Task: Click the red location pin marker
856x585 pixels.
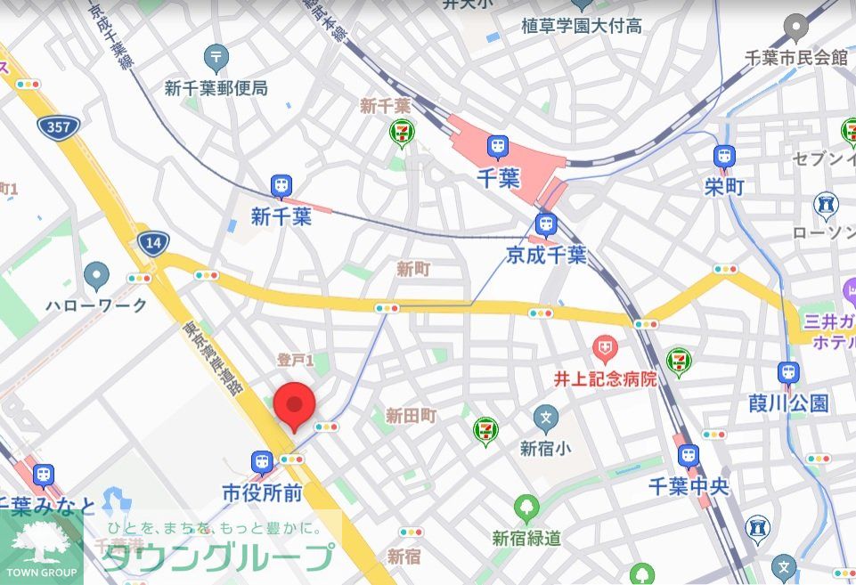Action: pos(294,406)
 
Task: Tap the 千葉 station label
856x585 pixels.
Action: pos(497,178)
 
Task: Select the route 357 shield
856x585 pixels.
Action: pos(59,126)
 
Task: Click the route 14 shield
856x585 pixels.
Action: pos(152,242)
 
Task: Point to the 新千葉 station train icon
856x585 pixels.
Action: pos(281,186)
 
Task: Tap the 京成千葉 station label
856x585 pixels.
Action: pos(546,256)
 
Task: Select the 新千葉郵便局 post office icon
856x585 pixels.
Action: pos(216,59)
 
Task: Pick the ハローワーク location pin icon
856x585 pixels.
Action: pos(96,276)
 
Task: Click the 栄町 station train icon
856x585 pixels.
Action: pos(724,157)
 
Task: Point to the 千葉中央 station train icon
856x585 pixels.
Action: pos(689,456)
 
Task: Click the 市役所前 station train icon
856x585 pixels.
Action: pos(262,461)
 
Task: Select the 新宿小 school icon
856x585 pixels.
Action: pos(545,417)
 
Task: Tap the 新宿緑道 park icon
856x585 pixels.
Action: pos(526,509)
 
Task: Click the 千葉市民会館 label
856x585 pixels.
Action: pos(796,58)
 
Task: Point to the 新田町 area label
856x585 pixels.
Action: pos(411,416)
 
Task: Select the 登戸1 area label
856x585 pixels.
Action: pos(295,361)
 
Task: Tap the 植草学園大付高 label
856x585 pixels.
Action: pos(582,26)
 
